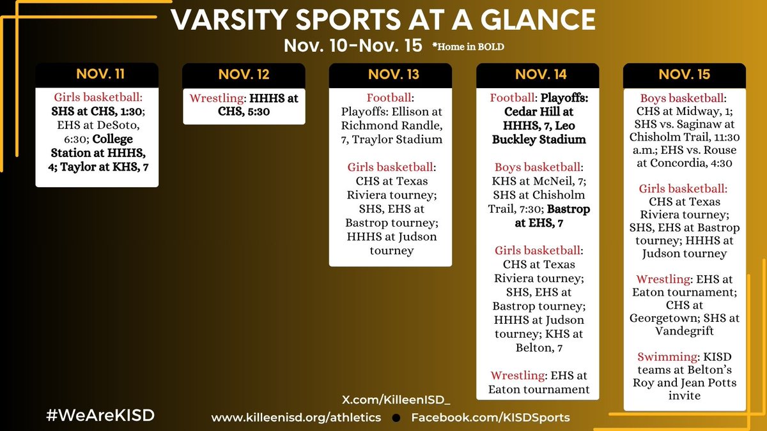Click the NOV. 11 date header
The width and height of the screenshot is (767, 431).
97,74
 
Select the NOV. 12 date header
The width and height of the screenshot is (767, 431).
244,74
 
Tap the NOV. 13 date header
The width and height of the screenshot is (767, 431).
391,74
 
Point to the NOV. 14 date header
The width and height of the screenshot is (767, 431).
538,74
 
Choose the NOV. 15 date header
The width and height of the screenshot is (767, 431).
685,74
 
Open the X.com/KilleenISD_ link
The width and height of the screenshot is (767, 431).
397,400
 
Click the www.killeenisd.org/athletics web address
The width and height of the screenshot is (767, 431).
297,418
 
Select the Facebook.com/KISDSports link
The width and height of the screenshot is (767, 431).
490,418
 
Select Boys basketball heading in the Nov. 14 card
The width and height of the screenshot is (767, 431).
536,167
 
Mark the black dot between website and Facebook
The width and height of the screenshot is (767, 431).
396,418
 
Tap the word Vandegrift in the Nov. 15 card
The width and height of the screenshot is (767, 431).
685,331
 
